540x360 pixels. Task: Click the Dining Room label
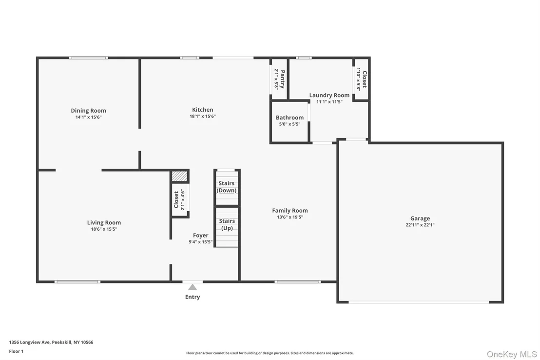[89, 111]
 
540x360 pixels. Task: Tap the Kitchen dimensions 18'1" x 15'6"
[203, 116]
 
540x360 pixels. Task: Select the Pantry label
[282, 79]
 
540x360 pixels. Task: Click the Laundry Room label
[329, 95]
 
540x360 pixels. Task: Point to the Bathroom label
[289, 118]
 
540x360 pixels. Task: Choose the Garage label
[420, 218]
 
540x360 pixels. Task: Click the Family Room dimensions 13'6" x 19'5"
[290, 217]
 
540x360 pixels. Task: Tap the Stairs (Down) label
[227, 187]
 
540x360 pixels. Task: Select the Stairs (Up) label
[227, 224]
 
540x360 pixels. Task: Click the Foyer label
[200, 236]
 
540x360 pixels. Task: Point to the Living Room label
[104, 223]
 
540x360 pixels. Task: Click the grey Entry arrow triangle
[193, 287]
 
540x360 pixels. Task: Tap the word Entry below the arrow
[193, 297]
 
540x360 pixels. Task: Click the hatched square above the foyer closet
[179, 176]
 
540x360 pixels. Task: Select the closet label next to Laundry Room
[365, 80]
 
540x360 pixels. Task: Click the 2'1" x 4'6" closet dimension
[183, 200]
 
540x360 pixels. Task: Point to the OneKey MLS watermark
[512, 354]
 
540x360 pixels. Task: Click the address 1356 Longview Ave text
[30, 342]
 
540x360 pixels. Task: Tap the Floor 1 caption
[16, 351]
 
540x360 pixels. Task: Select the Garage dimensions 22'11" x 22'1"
[420, 225]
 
